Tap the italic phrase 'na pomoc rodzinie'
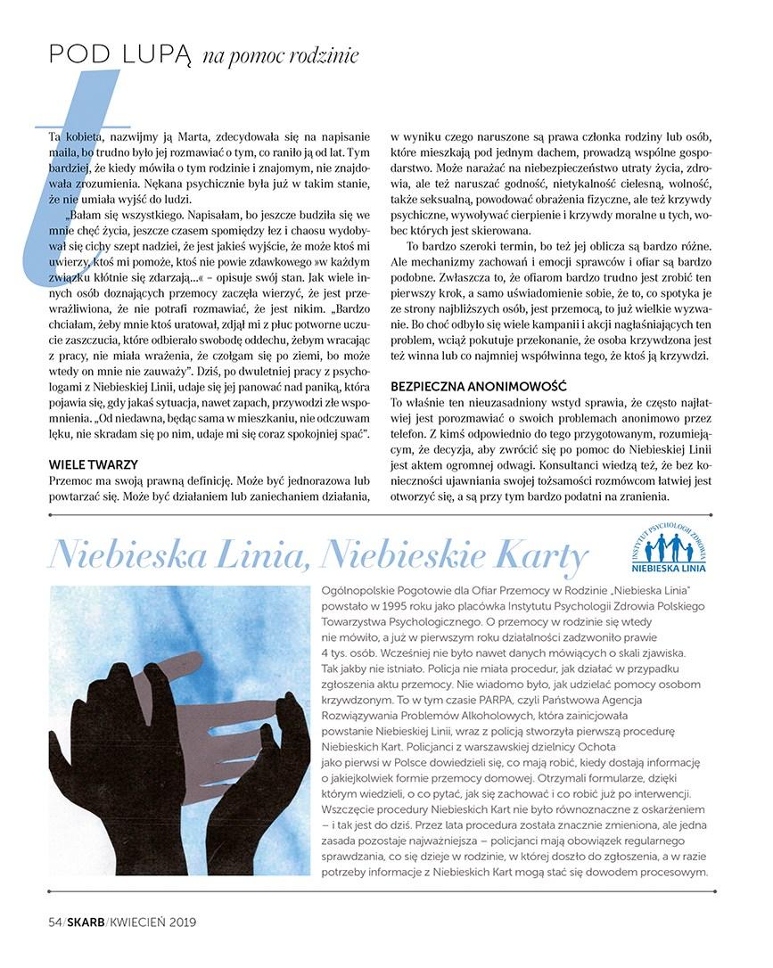tap(280, 56)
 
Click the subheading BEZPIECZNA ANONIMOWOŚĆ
tap(480, 387)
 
